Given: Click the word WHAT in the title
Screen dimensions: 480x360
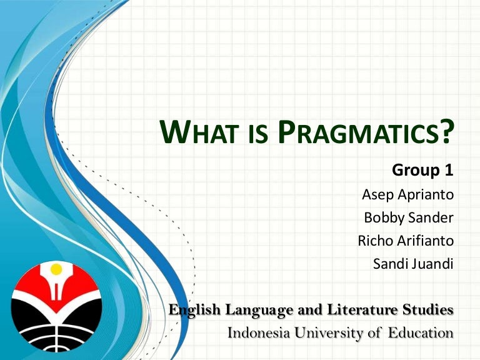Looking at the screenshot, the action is (x=199, y=132).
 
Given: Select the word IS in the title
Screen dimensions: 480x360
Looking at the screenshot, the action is (x=258, y=134).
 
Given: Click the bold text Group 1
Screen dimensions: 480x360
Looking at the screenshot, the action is (x=422, y=170).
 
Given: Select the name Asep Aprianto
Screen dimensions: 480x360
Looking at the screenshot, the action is (x=407, y=194).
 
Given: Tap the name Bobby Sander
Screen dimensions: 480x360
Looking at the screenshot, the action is (x=409, y=217).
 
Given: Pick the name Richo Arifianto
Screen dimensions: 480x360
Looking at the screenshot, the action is (x=406, y=241).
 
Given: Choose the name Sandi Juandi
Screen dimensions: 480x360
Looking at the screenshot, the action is (x=413, y=264).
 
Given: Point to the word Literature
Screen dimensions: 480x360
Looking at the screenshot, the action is (x=363, y=309).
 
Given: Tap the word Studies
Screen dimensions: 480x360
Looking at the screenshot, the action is (x=428, y=309).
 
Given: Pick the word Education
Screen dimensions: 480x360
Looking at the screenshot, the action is (x=421, y=332).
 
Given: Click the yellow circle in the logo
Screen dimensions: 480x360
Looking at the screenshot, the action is (x=56, y=269).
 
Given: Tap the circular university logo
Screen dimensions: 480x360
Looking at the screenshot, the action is (x=56, y=306).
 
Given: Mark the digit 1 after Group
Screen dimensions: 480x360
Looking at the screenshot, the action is (x=449, y=169).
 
